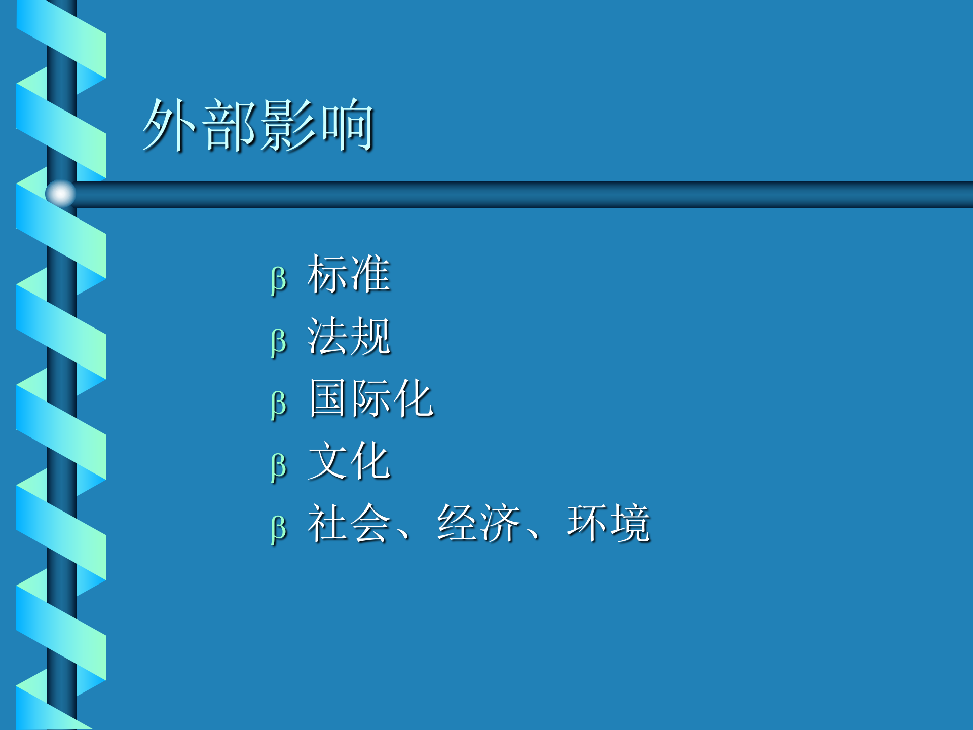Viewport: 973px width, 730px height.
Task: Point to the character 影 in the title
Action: click(x=288, y=125)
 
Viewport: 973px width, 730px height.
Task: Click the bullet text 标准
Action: click(x=349, y=274)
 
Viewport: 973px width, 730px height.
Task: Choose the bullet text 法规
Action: click(x=349, y=337)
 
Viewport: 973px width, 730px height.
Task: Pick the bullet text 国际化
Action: click(x=371, y=399)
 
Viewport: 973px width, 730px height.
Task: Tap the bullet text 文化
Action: click(x=349, y=461)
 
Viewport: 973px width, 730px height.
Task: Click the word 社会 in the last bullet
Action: click(x=349, y=523)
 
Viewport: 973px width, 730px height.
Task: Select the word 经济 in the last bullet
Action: click(x=479, y=523)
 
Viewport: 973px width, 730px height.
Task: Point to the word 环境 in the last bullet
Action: click(x=608, y=523)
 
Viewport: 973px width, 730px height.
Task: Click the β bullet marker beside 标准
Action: click(x=278, y=280)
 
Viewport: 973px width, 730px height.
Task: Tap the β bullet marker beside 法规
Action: click(x=278, y=342)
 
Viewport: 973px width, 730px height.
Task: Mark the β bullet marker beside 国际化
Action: click(x=278, y=405)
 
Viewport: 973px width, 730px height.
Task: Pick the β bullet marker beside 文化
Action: click(x=278, y=466)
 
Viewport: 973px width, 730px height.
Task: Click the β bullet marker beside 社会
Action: click(x=278, y=529)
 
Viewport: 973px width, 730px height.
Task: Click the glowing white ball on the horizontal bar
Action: click(x=60, y=194)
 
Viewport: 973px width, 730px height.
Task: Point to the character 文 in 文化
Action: click(x=328, y=461)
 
